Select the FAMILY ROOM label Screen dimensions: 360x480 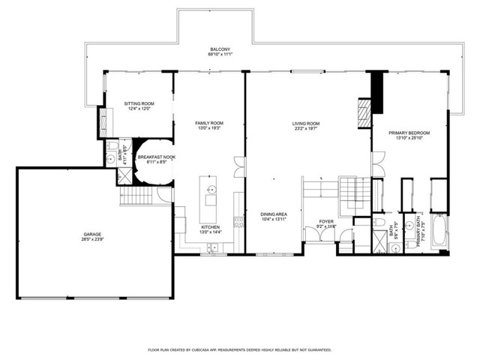point(209,123)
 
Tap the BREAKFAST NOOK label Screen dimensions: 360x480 point(156,156)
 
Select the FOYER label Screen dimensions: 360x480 point(326,221)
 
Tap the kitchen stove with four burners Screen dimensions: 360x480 point(239,221)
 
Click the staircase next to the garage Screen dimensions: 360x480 point(136,198)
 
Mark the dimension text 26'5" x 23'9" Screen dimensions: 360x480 point(92,240)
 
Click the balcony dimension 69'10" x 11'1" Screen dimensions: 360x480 point(219,55)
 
